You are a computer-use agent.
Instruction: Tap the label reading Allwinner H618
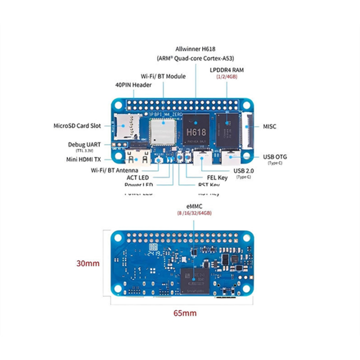coord(196,49)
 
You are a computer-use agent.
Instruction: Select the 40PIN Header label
coord(133,85)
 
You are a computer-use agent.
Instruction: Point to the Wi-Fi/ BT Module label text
coord(163,76)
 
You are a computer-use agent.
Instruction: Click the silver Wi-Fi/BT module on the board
coord(162,131)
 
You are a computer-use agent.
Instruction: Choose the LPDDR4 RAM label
coord(226,69)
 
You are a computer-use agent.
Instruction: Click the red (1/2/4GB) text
coord(226,77)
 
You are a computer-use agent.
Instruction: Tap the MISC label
coord(269,126)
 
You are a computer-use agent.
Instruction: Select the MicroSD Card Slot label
coord(77,125)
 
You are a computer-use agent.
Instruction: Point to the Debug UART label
coord(84,144)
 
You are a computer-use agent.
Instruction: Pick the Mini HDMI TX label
coord(83,159)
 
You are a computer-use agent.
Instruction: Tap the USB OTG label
coord(275,156)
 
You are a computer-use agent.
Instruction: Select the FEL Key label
coord(217,177)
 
